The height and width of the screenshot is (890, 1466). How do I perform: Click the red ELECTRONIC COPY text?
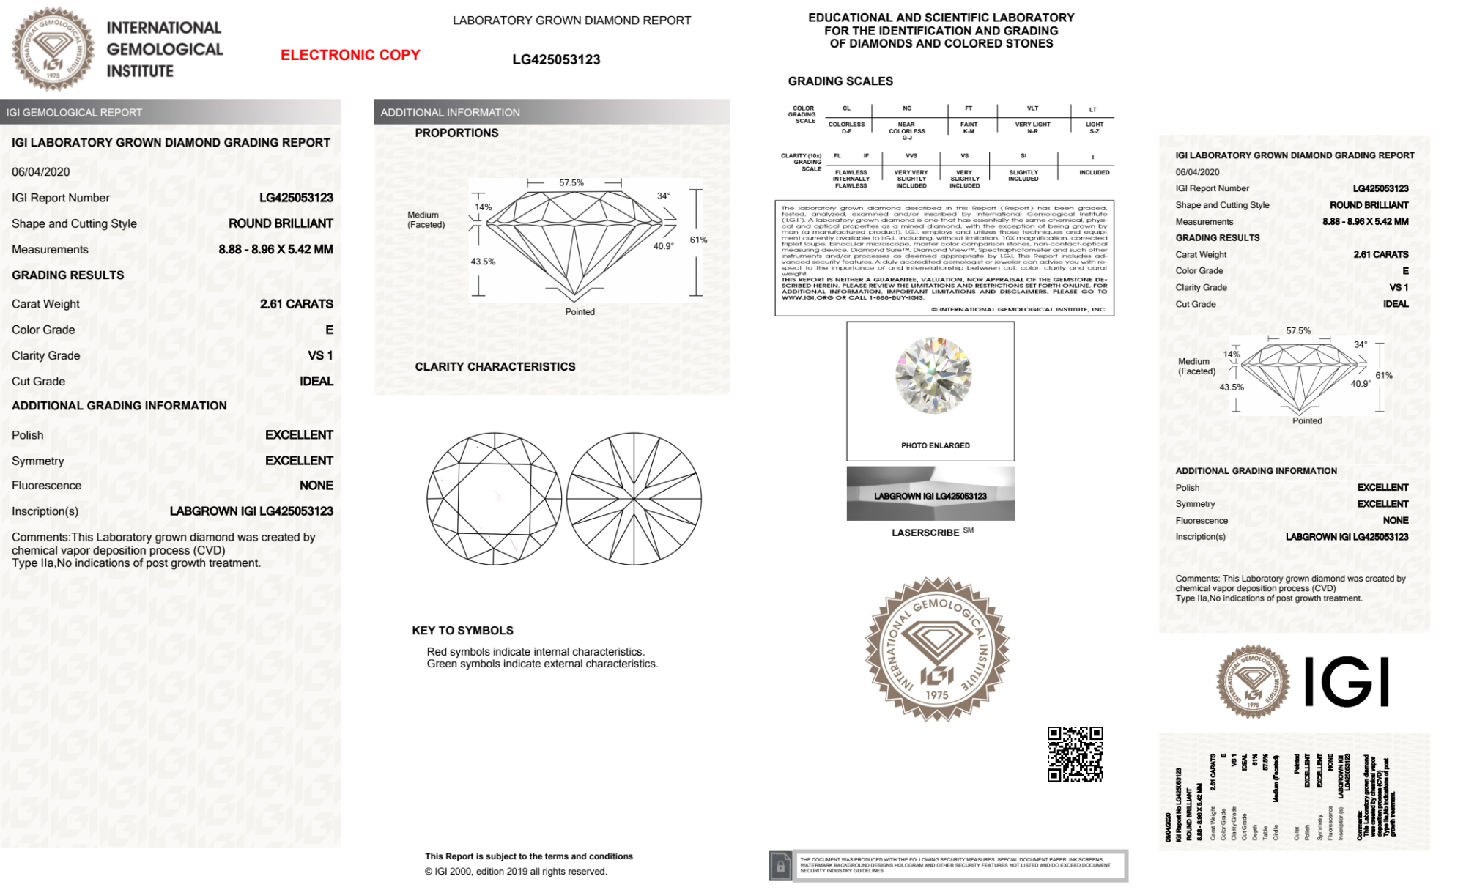coord(350,55)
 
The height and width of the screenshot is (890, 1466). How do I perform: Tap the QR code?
coord(1075,754)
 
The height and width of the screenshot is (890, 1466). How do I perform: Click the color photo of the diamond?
coord(933,375)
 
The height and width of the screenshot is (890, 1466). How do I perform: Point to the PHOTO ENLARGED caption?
coord(935,445)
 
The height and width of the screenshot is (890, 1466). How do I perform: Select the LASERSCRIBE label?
coord(925,533)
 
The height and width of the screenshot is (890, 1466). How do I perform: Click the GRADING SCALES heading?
coord(840,81)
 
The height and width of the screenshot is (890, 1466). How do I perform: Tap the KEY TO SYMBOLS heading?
coord(462,631)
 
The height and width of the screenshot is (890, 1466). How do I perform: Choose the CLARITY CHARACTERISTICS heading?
coord(495,366)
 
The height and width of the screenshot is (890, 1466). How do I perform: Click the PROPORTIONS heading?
coord(456,133)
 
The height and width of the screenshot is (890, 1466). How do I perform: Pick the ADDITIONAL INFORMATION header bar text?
coord(450,112)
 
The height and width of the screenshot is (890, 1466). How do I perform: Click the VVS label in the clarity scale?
coord(911,156)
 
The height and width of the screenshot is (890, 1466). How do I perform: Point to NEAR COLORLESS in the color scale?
coord(907,128)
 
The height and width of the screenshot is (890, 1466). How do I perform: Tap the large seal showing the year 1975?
coord(937,649)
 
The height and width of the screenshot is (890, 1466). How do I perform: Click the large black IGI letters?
coord(1347,682)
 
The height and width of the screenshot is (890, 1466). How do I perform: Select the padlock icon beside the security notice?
coord(780,867)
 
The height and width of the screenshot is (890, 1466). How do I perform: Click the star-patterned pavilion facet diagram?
coord(634,499)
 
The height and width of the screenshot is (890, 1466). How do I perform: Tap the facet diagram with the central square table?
coord(495,499)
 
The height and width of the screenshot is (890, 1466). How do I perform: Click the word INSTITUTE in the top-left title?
coord(140,71)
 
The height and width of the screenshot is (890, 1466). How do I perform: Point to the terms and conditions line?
coord(528,856)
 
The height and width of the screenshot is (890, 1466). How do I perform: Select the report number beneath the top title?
coord(556,60)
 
